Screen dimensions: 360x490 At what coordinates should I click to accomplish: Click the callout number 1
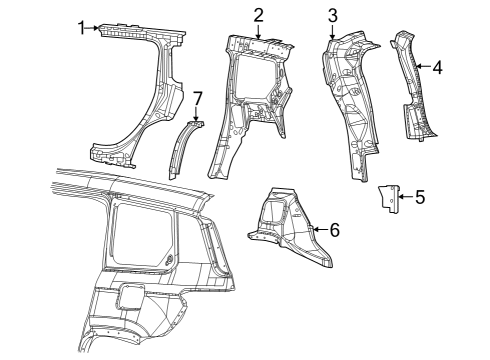tap(82, 27)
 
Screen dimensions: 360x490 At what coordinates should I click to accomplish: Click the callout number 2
tap(258, 14)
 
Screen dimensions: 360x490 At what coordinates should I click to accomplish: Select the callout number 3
tap(333, 14)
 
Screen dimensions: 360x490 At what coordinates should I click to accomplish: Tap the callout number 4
tap(436, 68)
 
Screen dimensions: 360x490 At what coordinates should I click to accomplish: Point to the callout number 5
tap(419, 197)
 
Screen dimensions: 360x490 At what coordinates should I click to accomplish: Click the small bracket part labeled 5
tap(385, 199)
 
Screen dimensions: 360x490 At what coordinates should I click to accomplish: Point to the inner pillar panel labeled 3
tap(350, 100)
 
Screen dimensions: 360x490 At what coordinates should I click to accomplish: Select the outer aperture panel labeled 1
tap(150, 90)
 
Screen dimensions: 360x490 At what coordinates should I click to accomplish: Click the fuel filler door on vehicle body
tap(129, 296)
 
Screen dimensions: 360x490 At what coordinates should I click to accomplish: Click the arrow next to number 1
tap(97, 27)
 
